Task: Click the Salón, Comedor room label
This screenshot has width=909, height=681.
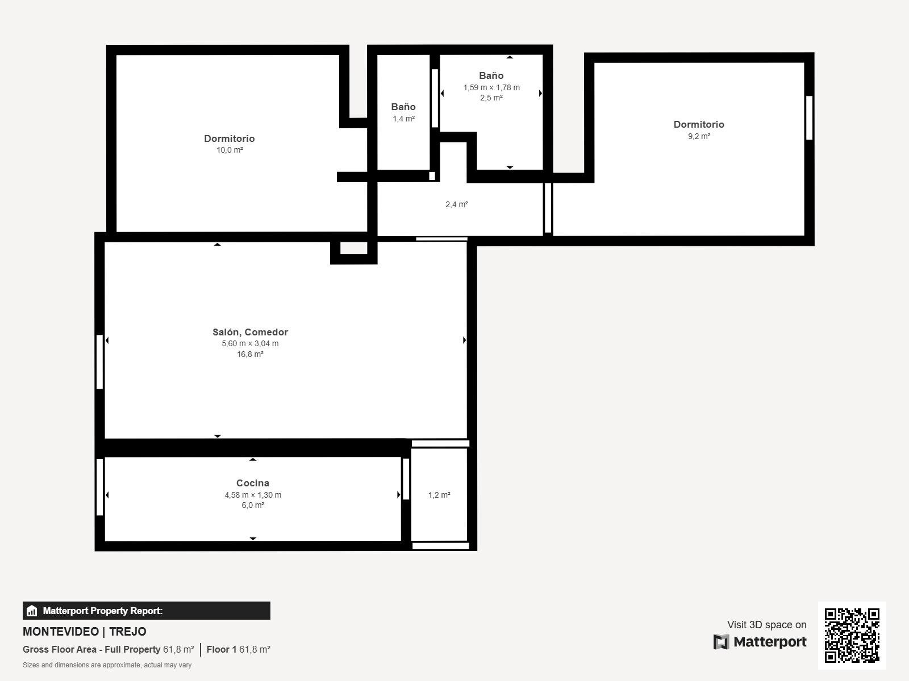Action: [250, 332]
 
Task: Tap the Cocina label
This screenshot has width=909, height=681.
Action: [253, 483]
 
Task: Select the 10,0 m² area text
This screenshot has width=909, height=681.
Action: [230, 150]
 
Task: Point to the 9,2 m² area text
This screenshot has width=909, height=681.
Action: [699, 136]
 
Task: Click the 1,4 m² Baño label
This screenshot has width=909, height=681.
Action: [403, 107]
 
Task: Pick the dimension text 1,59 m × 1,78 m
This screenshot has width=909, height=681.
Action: [491, 87]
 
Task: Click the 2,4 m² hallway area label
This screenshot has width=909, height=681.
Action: [456, 204]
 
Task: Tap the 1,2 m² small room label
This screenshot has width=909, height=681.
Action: [439, 495]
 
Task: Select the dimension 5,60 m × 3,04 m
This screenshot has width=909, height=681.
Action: [250, 343]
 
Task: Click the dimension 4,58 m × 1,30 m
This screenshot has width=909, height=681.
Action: [253, 495]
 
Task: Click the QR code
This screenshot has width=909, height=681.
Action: [852, 636]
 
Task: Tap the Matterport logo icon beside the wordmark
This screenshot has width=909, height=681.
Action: [721, 642]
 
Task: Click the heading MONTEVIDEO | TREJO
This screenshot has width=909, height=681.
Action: [85, 632]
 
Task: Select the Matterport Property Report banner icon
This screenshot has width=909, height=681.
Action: [32, 611]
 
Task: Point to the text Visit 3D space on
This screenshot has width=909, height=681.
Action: [766, 625]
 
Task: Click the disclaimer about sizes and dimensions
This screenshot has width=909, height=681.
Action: [107, 665]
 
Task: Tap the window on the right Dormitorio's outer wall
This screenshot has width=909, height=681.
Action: [809, 118]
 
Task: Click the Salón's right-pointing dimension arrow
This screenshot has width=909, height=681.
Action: [464, 340]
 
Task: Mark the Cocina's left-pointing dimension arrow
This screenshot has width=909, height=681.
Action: [107, 495]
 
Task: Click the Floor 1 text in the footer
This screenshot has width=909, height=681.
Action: [222, 650]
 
